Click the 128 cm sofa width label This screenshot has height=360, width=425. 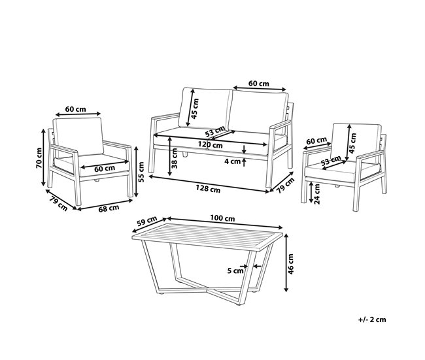tap(208, 189)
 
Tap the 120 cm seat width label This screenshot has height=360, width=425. tap(210, 145)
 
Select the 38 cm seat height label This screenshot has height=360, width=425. tap(175, 158)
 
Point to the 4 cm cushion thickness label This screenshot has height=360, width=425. tap(233, 161)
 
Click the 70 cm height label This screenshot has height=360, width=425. tap(39, 158)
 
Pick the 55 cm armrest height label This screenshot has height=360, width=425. tap(141, 172)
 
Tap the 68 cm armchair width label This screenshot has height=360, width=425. tap(109, 208)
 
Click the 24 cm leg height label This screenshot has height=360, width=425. tap(316, 193)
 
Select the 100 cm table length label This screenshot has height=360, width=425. tap(222, 218)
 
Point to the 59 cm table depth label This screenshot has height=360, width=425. tap(147, 221)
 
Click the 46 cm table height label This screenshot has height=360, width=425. tap(291, 264)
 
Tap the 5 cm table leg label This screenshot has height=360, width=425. tap(235, 270)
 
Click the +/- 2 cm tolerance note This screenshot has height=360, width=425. tap(372, 319)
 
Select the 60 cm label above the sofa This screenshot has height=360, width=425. tap(259, 84)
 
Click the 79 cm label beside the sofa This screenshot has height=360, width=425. tap(285, 186)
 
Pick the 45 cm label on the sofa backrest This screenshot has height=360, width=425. tap(195, 108)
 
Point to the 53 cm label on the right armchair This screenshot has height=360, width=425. tap(331, 161)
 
